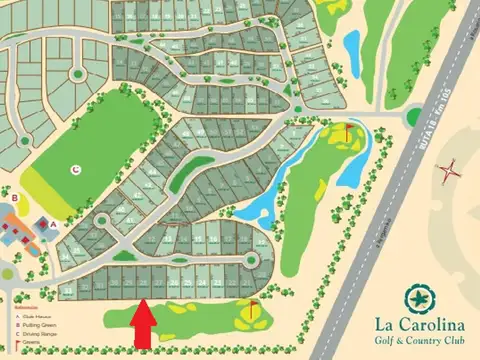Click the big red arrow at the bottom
[142, 325]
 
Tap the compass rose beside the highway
[452, 170]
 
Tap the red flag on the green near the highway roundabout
[348, 129]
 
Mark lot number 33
[67, 290]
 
